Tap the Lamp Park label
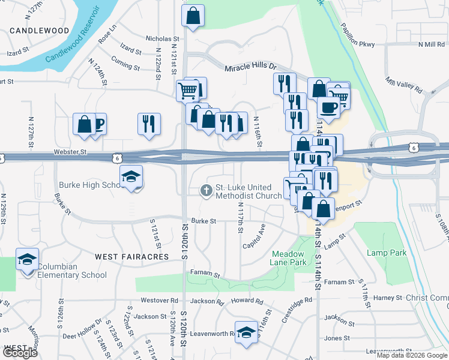tap(387, 253)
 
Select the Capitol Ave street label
tap(253, 238)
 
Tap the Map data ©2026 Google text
tap(412, 355)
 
